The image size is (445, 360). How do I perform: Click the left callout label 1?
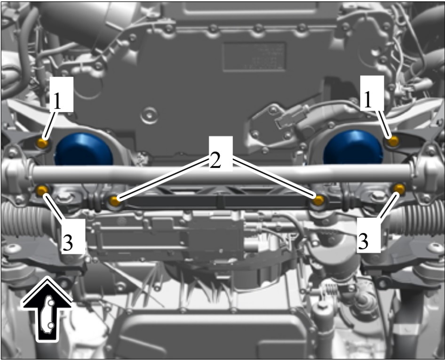57,101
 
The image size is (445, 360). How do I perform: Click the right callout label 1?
368,100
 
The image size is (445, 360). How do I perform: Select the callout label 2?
215,160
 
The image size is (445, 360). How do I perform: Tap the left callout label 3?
68,243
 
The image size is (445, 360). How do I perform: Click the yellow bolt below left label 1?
42,143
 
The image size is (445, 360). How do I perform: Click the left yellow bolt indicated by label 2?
114,201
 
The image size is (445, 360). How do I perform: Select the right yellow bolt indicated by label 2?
318,200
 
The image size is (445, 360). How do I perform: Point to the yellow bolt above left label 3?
42,190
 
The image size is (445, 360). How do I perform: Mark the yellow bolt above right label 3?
399,189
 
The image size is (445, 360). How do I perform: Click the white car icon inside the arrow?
47,314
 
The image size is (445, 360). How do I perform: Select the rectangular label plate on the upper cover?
254,57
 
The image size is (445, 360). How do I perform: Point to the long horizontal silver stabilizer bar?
222,175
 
